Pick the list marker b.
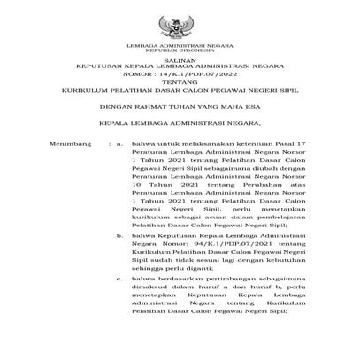pos(120,236)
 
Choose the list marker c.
pos(120,280)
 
